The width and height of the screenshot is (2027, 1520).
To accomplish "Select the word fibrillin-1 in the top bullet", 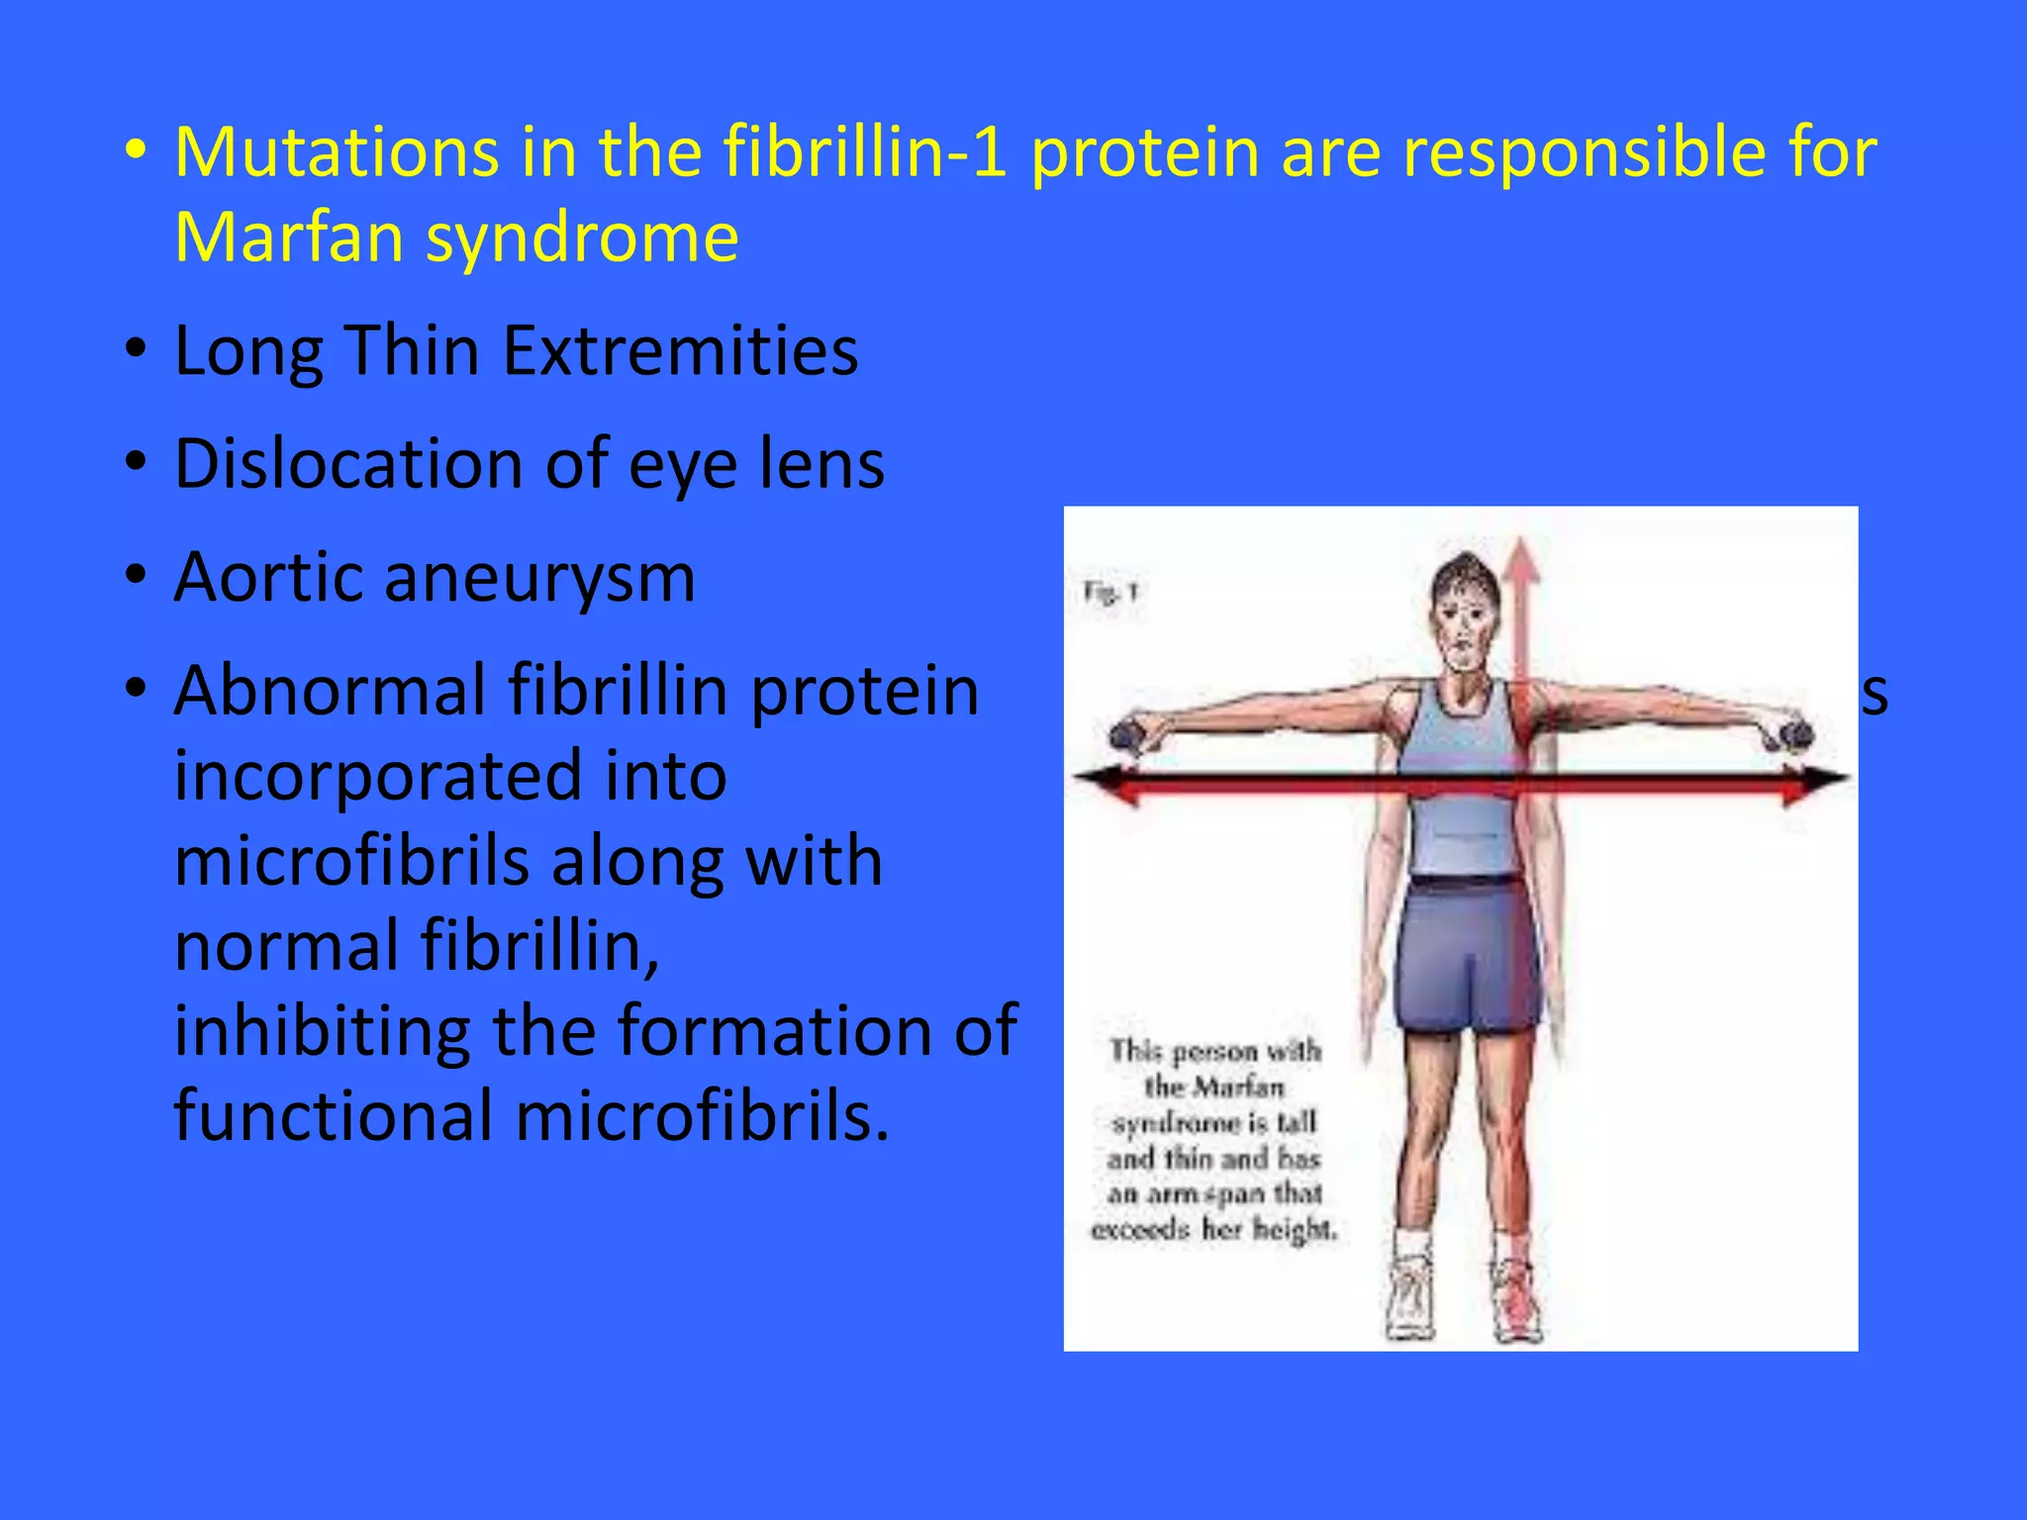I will (865, 152).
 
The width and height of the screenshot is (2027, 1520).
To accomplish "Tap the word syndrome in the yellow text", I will (582, 238).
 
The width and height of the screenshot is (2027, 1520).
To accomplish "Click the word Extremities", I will (680, 351).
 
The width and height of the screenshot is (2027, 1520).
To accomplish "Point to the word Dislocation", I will (348, 464).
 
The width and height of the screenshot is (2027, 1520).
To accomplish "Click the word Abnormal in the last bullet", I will (329, 691).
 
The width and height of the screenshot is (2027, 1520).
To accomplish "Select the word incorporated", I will (450, 776).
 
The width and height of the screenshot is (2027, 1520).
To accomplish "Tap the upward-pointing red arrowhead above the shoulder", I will (1521, 558).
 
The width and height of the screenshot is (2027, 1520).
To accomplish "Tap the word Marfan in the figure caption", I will (1241, 1088).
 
